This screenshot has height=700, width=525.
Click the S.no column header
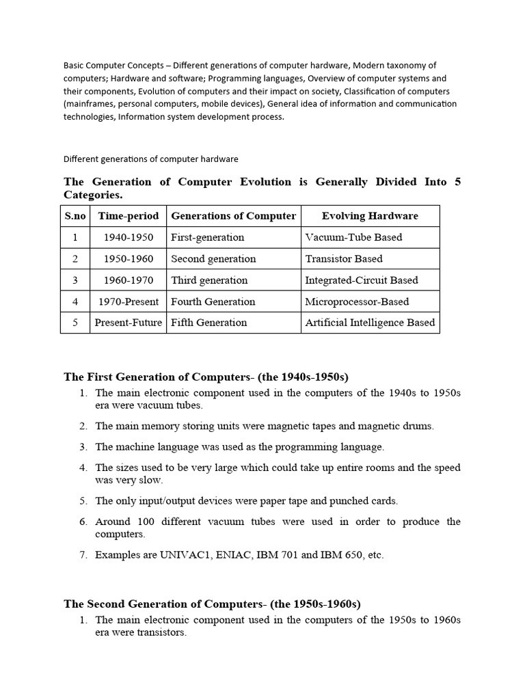[x=75, y=216]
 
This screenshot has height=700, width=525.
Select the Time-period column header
[x=129, y=216]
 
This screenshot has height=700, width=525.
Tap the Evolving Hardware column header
[x=370, y=216]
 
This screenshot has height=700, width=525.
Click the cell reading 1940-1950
[x=129, y=237]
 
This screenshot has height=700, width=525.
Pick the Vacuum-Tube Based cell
[x=353, y=237]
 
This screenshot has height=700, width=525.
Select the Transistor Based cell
[x=344, y=258]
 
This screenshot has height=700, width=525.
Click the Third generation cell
[x=209, y=280]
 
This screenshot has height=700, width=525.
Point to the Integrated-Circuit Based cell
[x=362, y=280]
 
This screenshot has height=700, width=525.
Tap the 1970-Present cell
[x=129, y=301]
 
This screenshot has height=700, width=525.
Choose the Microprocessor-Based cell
[x=357, y=301]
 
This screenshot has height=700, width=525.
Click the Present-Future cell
[x=129, y=323]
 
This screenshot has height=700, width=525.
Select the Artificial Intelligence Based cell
[x=370, y=323]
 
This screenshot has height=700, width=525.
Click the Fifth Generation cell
[x=209, y=323]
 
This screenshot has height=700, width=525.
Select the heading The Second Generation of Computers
[x=212, y=604]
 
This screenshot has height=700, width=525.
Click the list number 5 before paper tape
[x=83, y=501]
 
